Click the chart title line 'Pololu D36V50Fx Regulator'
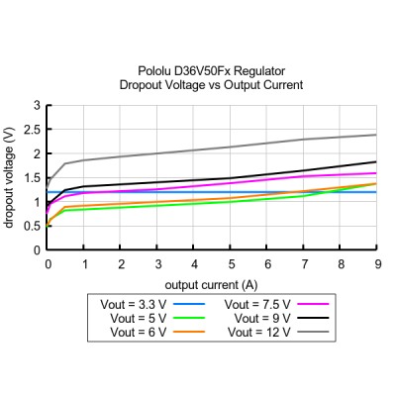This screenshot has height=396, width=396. (x=211, y=71)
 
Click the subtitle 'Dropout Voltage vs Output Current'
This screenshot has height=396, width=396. (x=211, y=85)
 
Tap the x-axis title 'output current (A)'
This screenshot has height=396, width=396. (x=211, y=285)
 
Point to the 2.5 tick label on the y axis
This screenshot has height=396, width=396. (x=33, y=130)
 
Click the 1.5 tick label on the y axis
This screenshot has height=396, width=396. (x=33, y=178)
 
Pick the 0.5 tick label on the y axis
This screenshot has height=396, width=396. (x=33, y=227)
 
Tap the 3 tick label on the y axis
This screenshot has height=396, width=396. (x=37, y=106)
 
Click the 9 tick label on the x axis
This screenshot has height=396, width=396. (x=378, y=264)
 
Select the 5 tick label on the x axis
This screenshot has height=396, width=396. (x=232, y=264)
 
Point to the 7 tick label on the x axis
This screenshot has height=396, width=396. (x=305, y=264)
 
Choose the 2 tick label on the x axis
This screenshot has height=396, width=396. (x=122, y=264)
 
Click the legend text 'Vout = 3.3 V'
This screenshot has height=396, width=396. (x=134, y=304)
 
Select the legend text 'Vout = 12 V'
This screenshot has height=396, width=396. (x=259, y=332)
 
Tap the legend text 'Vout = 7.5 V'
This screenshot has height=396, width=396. (x=257, y=304)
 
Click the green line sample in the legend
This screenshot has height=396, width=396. (x=189, y=318)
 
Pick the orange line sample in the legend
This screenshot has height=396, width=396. (x=189, y=332)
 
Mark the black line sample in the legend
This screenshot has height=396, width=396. (x=313, y=318)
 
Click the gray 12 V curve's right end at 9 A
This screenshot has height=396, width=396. (x=376, y=135)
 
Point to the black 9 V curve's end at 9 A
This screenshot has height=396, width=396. (x=376, y=161)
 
